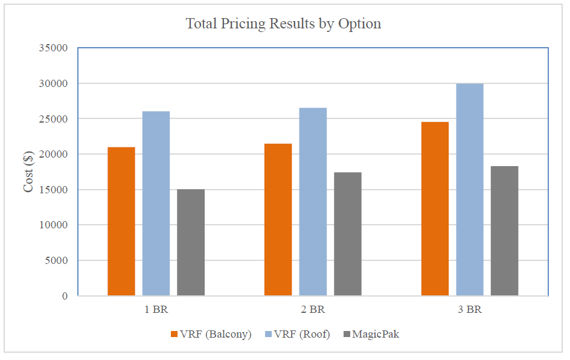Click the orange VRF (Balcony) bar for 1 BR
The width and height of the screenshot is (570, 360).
click(121, 221)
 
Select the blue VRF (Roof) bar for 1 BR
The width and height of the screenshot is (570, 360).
click(156, 204)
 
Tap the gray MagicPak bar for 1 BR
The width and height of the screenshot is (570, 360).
click(191, 242)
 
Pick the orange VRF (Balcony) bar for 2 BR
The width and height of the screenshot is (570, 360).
click(278, 220)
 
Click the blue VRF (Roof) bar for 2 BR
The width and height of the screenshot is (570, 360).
click(313, 202)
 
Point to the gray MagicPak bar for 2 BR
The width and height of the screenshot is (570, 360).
click(348, 234)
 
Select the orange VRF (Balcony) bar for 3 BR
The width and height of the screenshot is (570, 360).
click(435, 209)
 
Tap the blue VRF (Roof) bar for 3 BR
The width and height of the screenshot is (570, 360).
click(470, 190)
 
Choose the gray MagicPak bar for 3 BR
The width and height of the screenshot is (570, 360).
click(504, 231)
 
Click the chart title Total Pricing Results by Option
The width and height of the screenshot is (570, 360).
click(283, 24)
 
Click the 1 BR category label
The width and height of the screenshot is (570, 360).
click(156, 310)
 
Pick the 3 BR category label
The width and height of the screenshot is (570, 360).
click(470, 310)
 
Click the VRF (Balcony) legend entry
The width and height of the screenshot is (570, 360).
click(211, 334)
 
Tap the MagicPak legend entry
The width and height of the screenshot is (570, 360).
click(371, 334)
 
